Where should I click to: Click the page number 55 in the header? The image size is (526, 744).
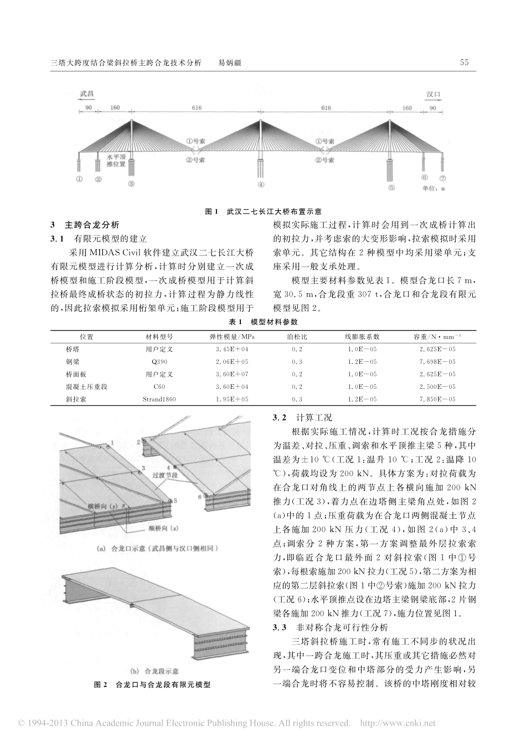(464, 63)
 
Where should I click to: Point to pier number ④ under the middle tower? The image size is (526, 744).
(261, 185)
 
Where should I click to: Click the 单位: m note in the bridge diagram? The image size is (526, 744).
(434, 189)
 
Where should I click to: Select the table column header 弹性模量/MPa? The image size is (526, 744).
(232, 337)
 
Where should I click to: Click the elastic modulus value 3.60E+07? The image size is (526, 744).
(232, 374)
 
